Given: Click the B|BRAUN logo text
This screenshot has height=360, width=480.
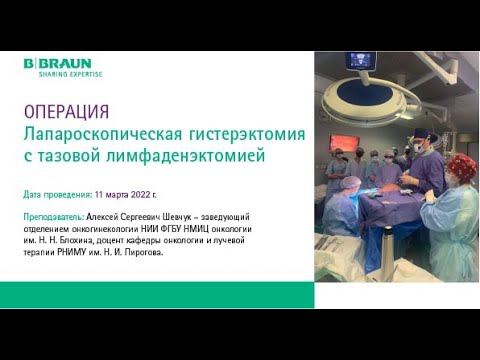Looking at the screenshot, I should (58, 63).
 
